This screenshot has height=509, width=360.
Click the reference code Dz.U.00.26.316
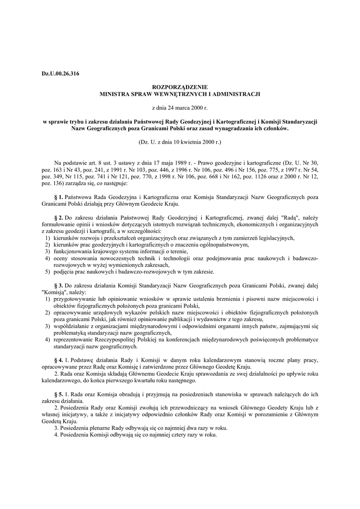coord(60,74)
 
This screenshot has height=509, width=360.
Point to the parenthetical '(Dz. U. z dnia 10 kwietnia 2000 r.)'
coord(180,141)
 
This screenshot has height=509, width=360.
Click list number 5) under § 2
coord(47,272)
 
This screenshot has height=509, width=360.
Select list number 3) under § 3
coord(47,326)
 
